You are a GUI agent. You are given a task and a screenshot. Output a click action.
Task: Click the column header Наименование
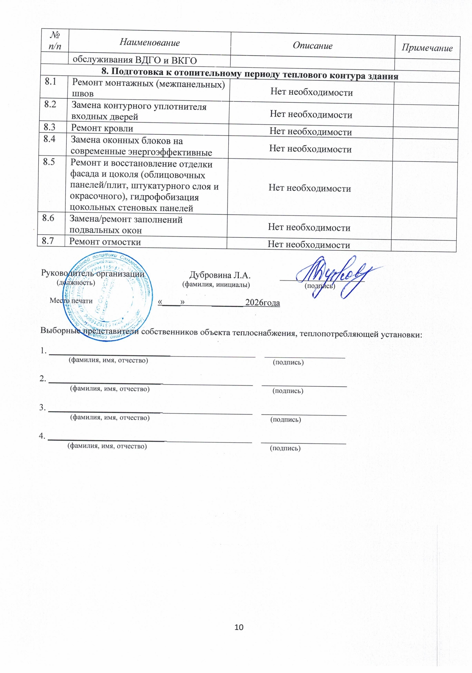pyautogui.click(x=150, y=42)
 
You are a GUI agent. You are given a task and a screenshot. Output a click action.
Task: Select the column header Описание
pyautogui.click(x=313, y=45)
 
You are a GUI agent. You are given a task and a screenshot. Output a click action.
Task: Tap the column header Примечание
pyautogui.click(x=427, y=48)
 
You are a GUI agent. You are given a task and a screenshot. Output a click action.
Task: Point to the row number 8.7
pyautogui.click(x=48, y=241)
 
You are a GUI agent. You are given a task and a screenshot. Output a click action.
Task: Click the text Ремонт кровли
pyautogui.click(x=102, y=128)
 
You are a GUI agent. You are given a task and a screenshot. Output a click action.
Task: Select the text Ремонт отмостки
pyautogui.click(x=105, y=242)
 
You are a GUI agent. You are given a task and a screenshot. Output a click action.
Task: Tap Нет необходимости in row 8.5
pyautogui.click(x=309, y=188)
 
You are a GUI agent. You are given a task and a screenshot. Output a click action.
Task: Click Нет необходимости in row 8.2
pyautogui.click(x=311, y=114)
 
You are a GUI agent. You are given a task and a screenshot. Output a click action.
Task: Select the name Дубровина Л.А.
pyautogui.click(x=220, y=275)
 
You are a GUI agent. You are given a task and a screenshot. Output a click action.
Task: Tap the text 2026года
pyautogui.click(x=262, y=303)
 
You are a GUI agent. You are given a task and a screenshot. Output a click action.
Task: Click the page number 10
pyautogui.click(x=239, y=627)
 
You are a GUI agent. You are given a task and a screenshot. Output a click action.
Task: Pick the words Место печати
pyautogui.click(x=71, y=301)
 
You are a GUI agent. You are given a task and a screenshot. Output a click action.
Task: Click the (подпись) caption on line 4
pyautogui.click(x=285, y=448)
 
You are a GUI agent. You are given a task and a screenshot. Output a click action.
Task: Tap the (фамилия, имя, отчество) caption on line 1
pyautogui.click(x=109, y=360)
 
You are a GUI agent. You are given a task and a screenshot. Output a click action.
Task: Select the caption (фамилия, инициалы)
pyautogui.click(x=216, y=285)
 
